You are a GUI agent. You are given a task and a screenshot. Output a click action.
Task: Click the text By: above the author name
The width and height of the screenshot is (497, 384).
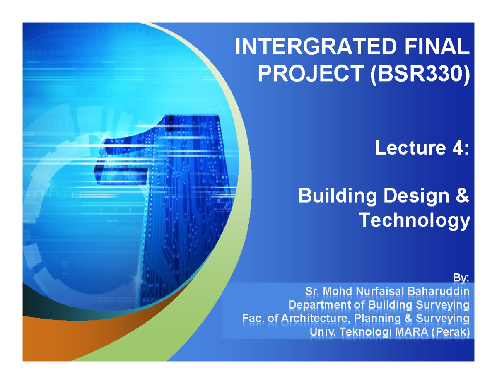pos(461,277)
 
